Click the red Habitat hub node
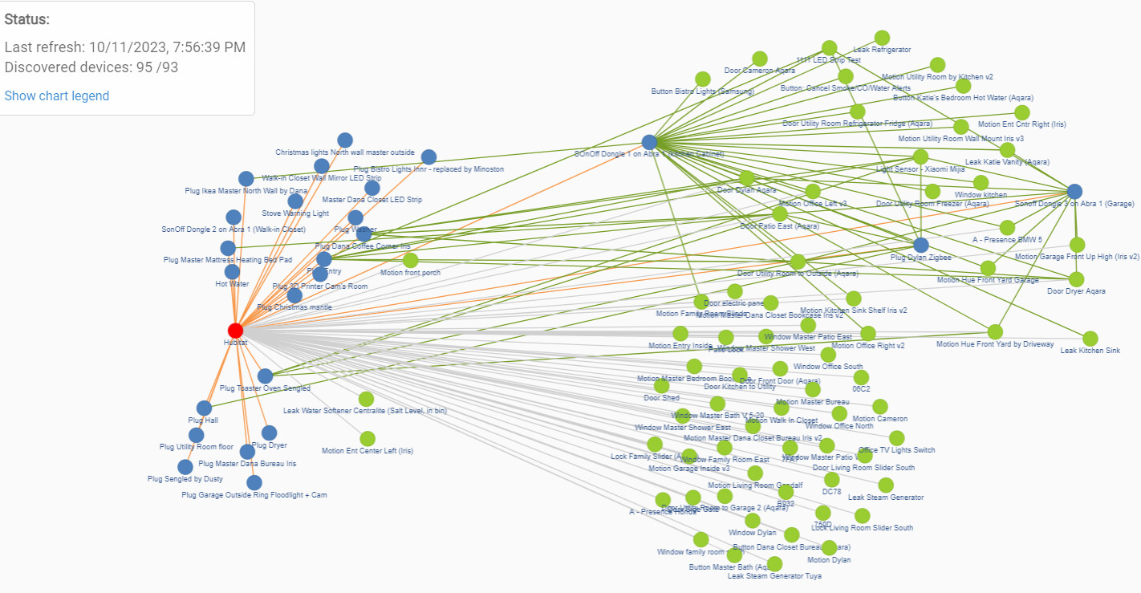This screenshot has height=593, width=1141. [235, 331]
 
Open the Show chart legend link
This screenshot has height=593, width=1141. [57, 95]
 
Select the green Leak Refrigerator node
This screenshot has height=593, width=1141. [882, 38]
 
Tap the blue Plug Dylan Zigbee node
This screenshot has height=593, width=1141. [921, 245]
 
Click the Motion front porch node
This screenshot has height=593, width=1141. [411, 260]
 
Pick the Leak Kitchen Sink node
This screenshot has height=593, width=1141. [1090, 339]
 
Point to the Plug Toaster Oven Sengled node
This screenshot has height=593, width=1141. [266, 376]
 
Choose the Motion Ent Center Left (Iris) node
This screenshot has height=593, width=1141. [367, 438]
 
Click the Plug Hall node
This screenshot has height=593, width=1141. [204, 408]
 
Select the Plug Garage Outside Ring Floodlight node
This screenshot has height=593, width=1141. [254, 482]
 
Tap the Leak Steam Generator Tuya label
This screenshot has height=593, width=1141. [763, 575]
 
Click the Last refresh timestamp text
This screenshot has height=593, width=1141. [125, 47]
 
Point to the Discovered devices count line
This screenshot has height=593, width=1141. [91, 67]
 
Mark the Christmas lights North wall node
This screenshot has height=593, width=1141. [345, 140]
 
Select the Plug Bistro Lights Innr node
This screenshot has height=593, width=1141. [428, 156]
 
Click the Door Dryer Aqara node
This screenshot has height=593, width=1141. [1076, 279]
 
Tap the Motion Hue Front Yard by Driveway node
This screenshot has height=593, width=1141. [995, 332]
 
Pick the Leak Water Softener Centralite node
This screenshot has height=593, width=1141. [366, 399]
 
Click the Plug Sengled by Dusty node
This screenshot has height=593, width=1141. [185, 467]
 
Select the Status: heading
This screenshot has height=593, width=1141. [27, 19]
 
